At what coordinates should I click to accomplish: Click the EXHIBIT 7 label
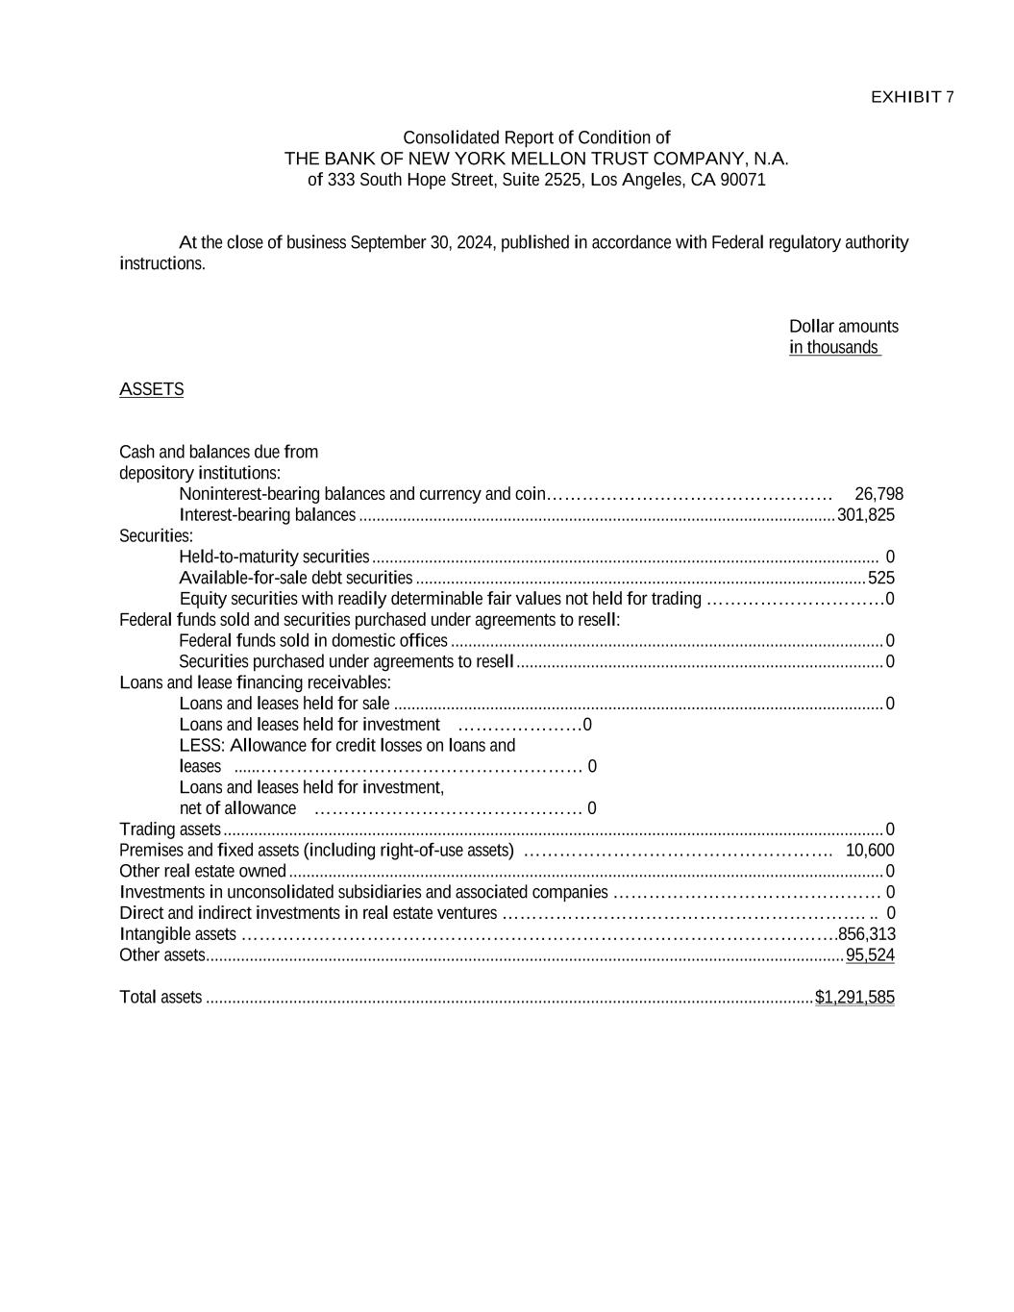(x=911, y=97)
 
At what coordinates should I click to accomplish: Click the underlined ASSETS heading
(x=151, y=389)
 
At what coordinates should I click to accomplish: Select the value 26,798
(x=878, y=494)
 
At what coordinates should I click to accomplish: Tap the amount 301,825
(x=866, y=515)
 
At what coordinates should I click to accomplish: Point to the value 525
(x=880, y=578)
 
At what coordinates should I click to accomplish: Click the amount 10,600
(x=870, y=850)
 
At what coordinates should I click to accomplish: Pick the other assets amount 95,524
(x=870, y=955)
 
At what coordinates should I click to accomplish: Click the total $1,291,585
(x=854, y=998)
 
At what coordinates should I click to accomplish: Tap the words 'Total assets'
(x=161, y=998)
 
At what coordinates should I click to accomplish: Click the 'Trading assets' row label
(x=170, y=829)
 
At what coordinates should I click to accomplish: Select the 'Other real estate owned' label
(x=203, y=872)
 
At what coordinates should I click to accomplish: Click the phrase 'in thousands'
(x=833, y=348)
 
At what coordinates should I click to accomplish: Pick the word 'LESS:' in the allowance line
(x=202, y=746)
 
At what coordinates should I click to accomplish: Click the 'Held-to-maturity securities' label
(x=274, y=557)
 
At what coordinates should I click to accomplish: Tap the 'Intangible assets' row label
(x=177, y=934)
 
